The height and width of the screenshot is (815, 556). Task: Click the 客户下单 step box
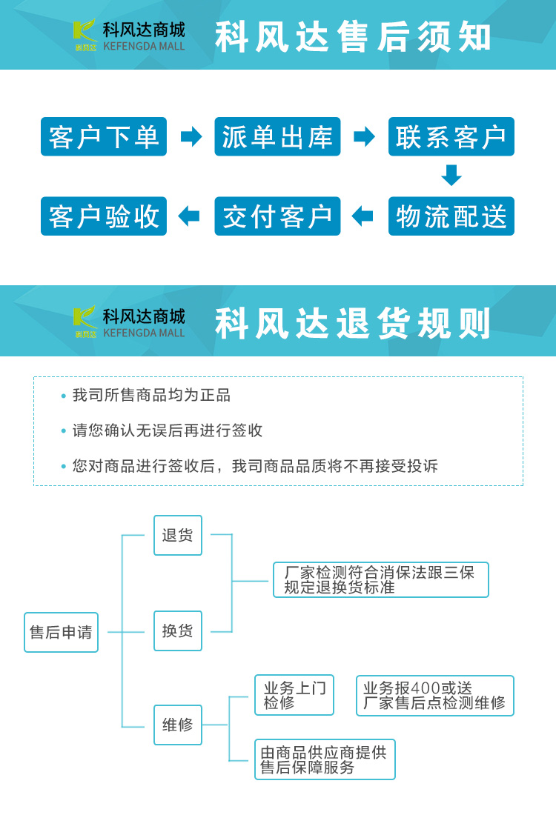[104, 137]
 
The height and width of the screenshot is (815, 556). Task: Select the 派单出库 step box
[277, 137]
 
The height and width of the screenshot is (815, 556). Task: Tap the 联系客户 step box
[451, 137]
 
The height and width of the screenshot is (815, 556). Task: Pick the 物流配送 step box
[451, 216]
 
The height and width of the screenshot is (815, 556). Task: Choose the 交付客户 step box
[277, 216]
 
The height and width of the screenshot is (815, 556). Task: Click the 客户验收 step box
[104, 216]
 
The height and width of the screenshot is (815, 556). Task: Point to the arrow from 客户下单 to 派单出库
[191, 137]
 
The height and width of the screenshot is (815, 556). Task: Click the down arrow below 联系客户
[451, 175]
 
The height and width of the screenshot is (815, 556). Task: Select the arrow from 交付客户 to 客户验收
[189, 216]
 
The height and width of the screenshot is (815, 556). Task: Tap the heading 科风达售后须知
[353, 37]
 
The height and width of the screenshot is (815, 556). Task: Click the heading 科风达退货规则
[353, 323]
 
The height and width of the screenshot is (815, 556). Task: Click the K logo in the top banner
[85, 34]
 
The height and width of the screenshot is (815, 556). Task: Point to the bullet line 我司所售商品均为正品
[151, 396]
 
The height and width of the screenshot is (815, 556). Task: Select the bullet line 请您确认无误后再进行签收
[167, 430]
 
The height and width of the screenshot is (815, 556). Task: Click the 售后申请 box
[61, 632]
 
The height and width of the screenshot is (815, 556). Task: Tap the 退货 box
[177, 535]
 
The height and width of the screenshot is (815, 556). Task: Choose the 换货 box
[177, 631]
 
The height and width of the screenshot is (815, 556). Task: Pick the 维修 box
[177, 725]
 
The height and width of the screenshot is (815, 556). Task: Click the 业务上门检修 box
[294, 695]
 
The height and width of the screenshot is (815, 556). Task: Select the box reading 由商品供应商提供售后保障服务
[325, 759]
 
